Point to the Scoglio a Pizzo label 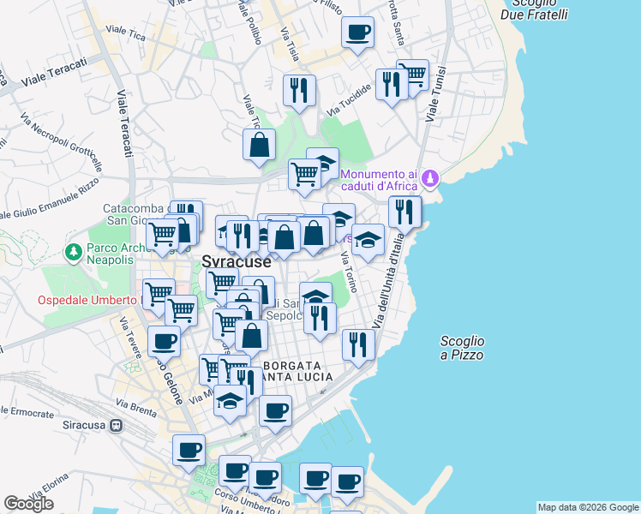point(462,348)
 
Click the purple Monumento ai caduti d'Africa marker point(430,180)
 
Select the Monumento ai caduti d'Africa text point(380,180)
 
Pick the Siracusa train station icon point(116,425)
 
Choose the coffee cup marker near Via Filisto point(358,33)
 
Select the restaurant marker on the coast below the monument point(404,211)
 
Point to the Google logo point(29,504)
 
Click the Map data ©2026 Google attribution point(589,507)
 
